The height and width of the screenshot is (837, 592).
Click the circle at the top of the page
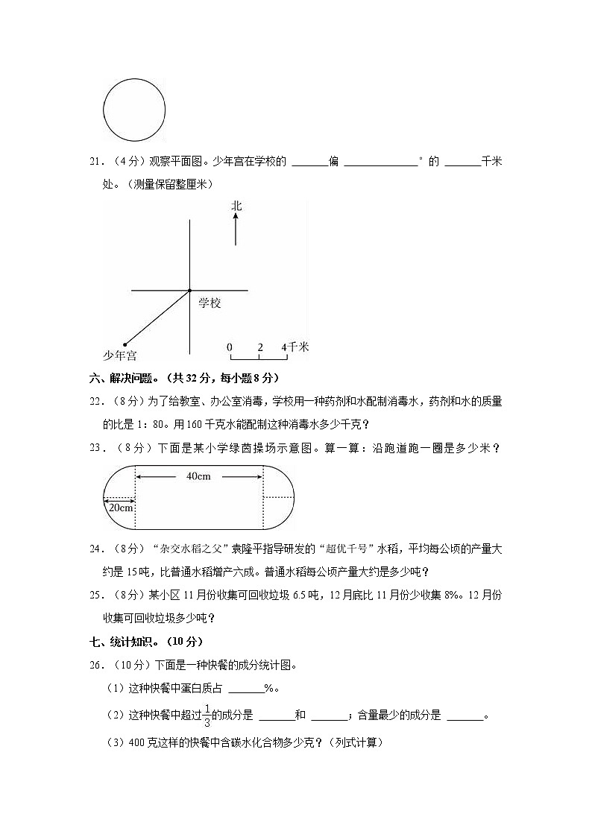coord(134,110)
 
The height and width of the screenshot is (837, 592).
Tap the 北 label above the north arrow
coord(236,206)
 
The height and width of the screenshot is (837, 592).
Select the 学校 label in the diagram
coord(210,303)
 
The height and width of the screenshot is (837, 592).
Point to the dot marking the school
coord(189,290)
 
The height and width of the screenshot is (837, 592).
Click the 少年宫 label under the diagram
coord(124,356)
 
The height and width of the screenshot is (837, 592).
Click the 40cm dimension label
coord(198,476)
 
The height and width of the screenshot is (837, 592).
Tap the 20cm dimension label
coord(121,508)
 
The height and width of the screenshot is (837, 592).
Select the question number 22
coord(95,402)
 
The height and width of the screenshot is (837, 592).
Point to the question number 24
coord(95,549)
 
